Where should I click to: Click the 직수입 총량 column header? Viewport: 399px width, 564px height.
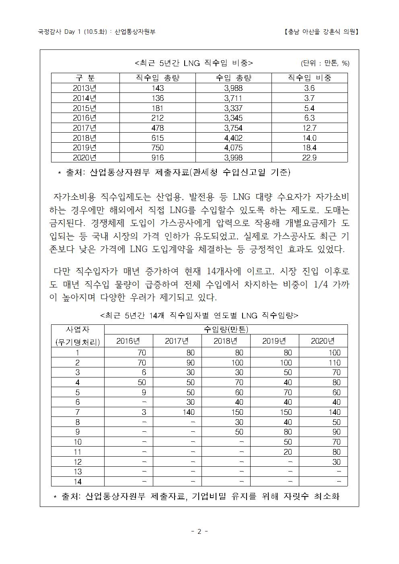pyautogui.click(x=157, y=78)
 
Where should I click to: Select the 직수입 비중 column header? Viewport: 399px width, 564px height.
pyautogui.click(x=309, y=78)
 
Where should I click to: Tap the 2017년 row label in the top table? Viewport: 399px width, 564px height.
pyautogui.click(x=85, y=128)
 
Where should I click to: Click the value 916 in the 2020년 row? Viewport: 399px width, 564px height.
pyautogui.click(x=157, y=158)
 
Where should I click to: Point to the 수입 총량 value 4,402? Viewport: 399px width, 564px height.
pyautogui.click(x=233, y=138)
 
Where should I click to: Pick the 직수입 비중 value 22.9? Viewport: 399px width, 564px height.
pyautogui.click(x=309, y=158)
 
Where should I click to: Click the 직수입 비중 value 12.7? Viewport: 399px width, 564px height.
pyautogui.click(x=309, y=128)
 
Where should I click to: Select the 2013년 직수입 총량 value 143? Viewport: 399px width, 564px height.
pyautogui.click(x=157, y=88)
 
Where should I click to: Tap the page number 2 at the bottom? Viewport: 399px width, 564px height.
pyautogui.click(x=199, y=531)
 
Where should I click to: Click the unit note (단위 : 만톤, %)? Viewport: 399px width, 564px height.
pyautogui.click(x=325, y=63)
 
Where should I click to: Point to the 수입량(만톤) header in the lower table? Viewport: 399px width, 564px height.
pyautogui.click(x=226, y=329)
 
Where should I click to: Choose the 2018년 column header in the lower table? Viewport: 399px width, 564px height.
pyautogui.click(x=226, y=341)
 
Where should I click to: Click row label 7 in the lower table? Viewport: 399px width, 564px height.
pyautogui.click(x=78, y=412)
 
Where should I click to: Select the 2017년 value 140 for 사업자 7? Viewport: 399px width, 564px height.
pyautogui.click(x=188, y=412)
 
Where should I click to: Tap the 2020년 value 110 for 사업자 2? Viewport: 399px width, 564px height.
pyautogui.click(x=334, y=363)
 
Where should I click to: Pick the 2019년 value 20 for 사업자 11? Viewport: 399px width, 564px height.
pyautogui.click(x=288, y=452)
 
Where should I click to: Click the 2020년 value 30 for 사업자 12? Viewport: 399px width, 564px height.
pyautogui.click(x=336, y=462)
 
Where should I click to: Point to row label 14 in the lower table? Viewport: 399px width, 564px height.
pyautogui.click(x=78, y=482)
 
